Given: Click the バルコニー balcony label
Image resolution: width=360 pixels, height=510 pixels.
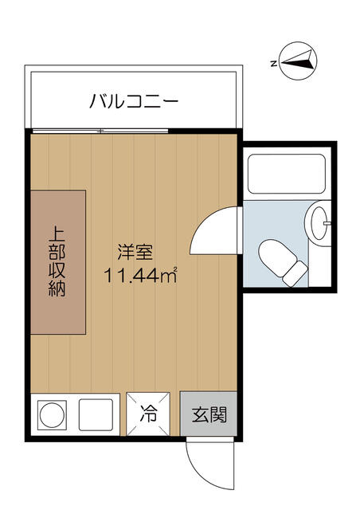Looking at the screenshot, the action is tap(134, 100).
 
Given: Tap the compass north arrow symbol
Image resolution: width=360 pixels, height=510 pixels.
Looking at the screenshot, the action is tap(298, 61).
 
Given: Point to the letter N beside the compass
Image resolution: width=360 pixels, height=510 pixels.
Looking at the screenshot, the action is tap(274, 64).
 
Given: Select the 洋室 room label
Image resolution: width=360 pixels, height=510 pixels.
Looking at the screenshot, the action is tap(135, 252).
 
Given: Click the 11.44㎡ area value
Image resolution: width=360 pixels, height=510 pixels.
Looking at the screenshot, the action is tap(140, 275).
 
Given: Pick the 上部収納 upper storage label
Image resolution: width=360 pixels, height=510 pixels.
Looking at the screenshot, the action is tap(57, 262).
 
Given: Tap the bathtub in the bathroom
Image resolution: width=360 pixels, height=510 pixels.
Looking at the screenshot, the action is tap(287, 174).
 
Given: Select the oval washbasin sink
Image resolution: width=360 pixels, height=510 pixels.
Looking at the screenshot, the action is tap(319, 223).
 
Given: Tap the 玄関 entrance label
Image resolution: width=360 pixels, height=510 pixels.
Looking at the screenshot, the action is tap(209, 414).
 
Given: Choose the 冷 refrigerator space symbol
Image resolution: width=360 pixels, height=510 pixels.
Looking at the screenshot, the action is tap(148, 414).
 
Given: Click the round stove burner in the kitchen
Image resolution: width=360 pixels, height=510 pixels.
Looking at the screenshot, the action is tap(52, 415).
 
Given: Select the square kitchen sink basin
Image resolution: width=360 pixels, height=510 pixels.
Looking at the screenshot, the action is tap(96, 414).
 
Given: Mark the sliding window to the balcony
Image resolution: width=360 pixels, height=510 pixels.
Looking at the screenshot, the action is tap(100, 131).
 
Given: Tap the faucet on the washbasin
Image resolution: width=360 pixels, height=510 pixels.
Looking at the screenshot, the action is tap(327, 223).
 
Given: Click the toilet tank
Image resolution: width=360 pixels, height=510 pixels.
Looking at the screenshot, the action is tap(295, 274).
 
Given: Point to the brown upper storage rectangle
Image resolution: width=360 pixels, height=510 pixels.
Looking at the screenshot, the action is tap(58, 262).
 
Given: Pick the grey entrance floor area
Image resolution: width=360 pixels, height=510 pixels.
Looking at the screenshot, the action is tap(209, 414).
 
